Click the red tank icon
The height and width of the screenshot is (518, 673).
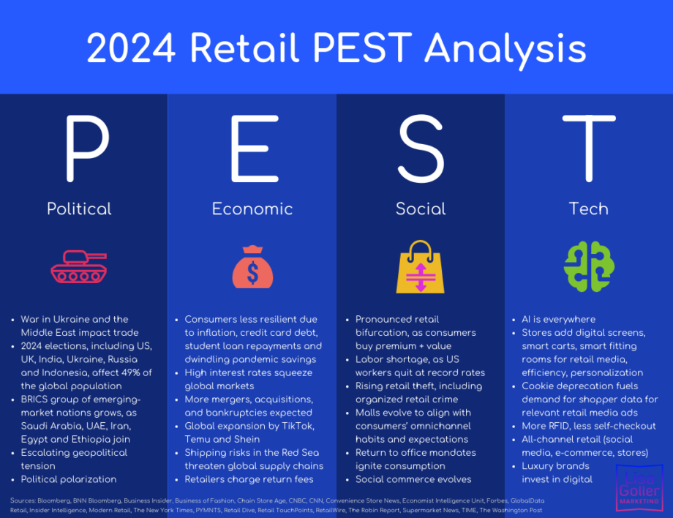click(79, 266)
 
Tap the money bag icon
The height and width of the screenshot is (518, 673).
click(252, 266)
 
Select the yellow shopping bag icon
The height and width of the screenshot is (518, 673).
click(420, 267)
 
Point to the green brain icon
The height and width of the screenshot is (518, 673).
click(589, 266)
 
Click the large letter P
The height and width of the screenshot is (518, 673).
click(88, 149)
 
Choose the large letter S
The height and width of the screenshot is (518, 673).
click(421, 149)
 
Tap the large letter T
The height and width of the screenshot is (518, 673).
click(589, 149)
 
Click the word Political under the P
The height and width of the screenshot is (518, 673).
click(79, 209)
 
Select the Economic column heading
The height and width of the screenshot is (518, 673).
click(252, 209)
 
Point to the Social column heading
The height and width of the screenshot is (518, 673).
click(421, 209)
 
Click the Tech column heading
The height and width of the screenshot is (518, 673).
click(589, 209)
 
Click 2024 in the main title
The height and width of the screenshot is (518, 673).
click(132, 48)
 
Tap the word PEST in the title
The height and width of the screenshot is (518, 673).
click(363, 48)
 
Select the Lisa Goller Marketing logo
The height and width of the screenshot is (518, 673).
click(639, 488)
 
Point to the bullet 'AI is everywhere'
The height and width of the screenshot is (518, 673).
click(558, 319)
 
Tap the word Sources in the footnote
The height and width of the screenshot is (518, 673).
click(23, 500)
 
